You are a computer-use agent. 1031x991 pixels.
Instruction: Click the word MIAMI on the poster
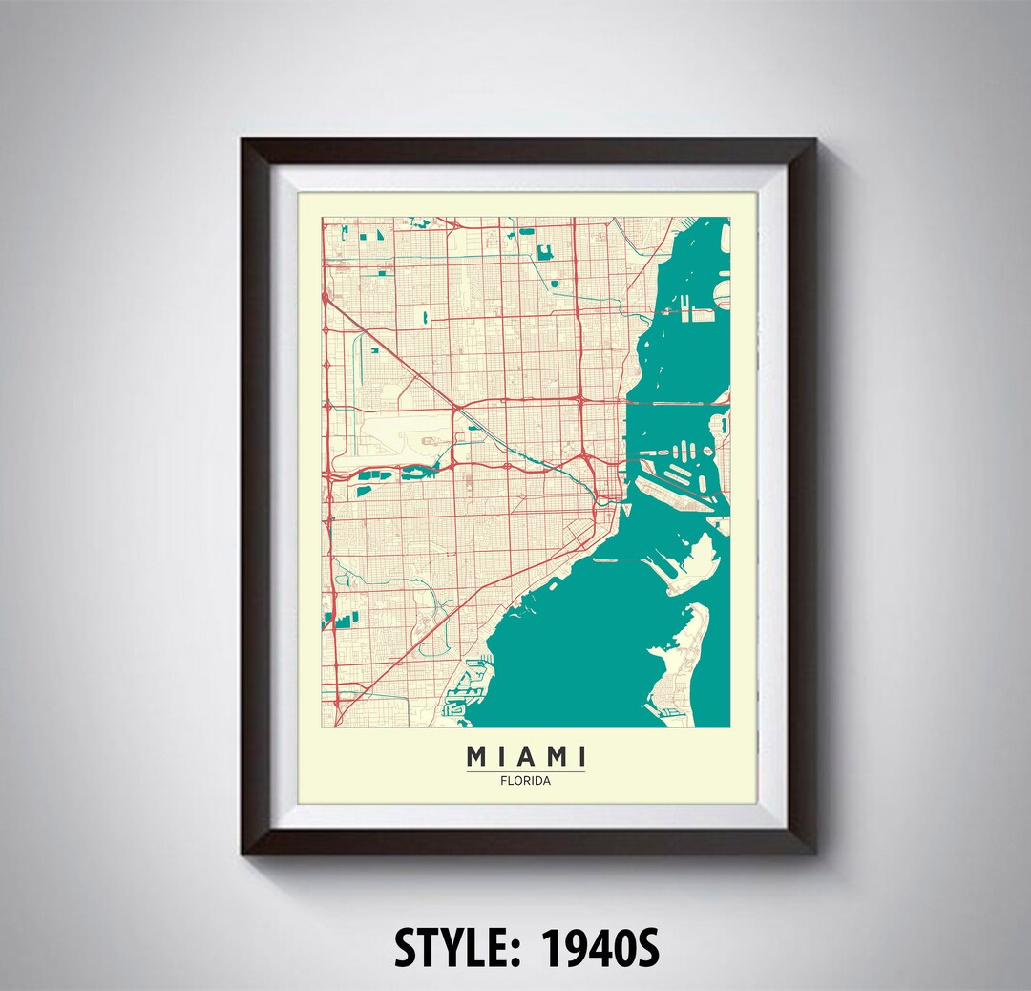[525, 757]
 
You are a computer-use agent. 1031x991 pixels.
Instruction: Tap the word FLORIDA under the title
[525, 780]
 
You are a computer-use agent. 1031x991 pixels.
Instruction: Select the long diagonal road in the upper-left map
[401, 363]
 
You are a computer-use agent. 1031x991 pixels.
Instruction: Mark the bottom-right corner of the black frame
[813, 852]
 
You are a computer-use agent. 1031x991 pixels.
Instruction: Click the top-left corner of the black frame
[244, 141]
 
